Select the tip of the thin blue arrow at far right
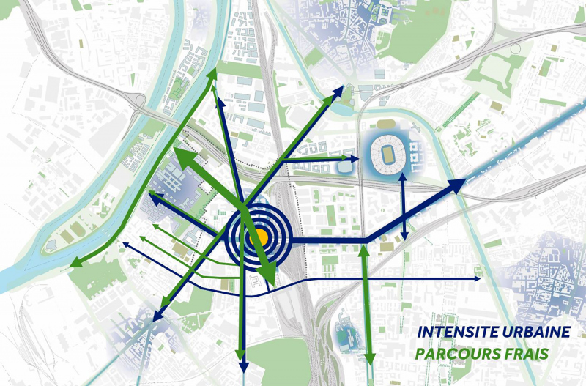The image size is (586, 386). pos(479,279)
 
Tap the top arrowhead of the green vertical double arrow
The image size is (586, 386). pos(364,250)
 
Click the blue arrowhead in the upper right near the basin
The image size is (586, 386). pos(340,90)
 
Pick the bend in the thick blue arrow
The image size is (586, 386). pos(368,240)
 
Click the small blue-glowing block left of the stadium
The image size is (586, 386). pos(345,167)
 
